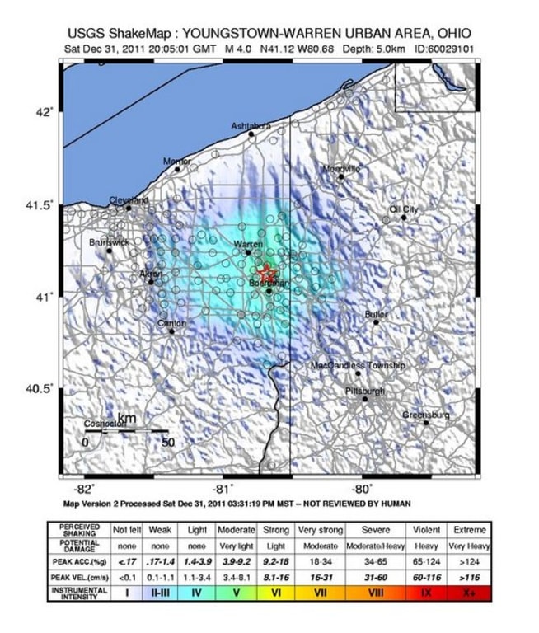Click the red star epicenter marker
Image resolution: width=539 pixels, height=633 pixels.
coord(265,272)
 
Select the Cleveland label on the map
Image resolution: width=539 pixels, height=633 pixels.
coord(129,200)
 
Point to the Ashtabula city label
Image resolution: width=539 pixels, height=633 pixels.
coord(251,126)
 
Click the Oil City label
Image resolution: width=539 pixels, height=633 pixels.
coord(404,210)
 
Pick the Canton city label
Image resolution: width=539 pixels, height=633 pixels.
coord(172,323)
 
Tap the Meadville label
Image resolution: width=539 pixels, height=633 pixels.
coord(341,169)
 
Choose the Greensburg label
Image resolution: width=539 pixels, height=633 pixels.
coord(425,415)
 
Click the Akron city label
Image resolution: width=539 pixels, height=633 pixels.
coord(151,274)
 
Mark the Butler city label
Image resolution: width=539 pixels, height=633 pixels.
coord(376,315)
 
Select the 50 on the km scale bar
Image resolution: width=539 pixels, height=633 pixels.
coord(167,442)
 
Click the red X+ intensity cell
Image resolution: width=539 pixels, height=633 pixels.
coord(470,592)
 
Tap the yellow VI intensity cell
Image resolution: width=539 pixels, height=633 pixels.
coord(277,592)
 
